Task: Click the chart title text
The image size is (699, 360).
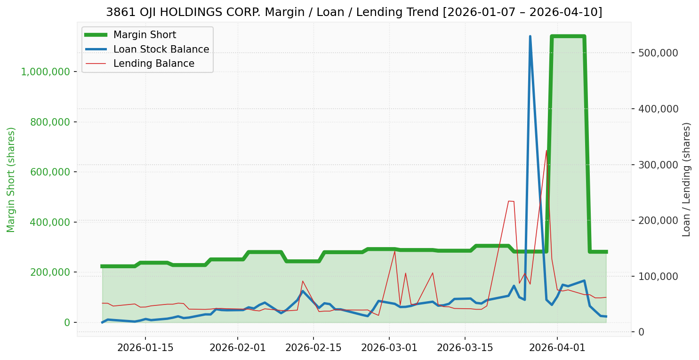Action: [x=354, y=12]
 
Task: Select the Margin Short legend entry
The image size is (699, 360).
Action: [x=145, y=35]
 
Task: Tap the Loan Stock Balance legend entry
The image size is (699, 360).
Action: [x=161, y=49]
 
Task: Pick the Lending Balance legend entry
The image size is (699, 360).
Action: [x=153, y=64]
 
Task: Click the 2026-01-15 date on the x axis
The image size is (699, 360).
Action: [x=145, y=348]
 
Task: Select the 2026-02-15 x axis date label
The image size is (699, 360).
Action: [x=313, y=348]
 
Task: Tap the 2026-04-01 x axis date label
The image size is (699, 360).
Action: [x=557, y=348]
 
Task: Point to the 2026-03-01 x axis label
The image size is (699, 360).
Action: [x=389, y=348]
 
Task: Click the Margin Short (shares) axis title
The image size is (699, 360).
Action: [x=11, y=180]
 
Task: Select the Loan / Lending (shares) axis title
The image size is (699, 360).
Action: [x=687, y=180]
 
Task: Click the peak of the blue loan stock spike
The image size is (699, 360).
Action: [x=530, y=36]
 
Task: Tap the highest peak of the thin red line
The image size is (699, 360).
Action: [x=546, y=151]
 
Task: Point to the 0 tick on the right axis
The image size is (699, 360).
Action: [x=641, y=332]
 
